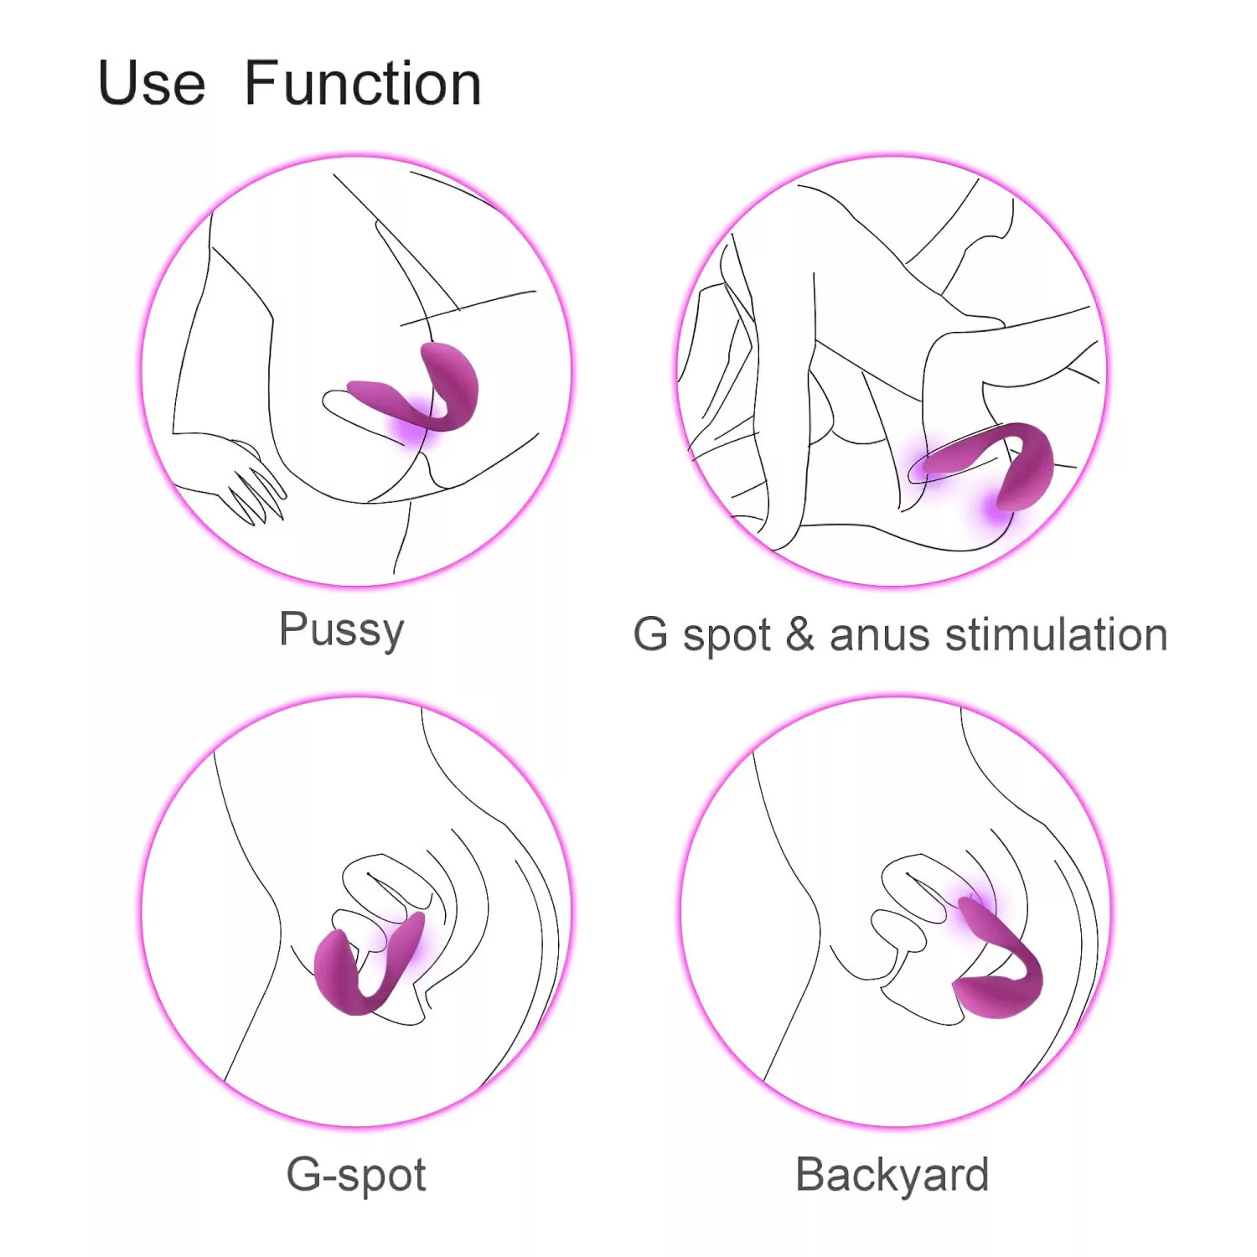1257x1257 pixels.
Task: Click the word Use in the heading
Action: (x=152, y=84)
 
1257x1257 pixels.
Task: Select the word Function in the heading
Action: (x=363, y=83)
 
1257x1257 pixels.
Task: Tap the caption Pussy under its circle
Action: (x=342, y=630)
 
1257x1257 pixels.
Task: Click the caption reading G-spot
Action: (x=356, y=1175)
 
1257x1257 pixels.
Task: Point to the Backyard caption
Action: (x=892, y=1175)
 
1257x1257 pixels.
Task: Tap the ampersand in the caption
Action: (x=800, y=634)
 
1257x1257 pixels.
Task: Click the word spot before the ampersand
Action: (x=727, y=637)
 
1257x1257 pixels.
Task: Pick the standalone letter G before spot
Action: (x=651, y=634)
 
